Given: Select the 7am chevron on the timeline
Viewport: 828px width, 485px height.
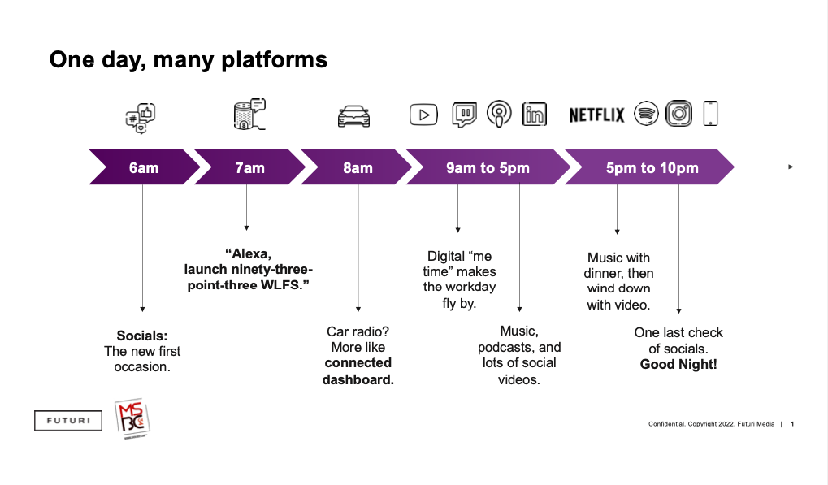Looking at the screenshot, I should (x=249, y=167).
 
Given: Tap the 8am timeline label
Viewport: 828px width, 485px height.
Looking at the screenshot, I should (x=358, y=167).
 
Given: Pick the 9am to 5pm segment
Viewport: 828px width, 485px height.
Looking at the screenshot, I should (x=488, y=167).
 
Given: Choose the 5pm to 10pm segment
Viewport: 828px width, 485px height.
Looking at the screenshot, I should (x=652, y=167).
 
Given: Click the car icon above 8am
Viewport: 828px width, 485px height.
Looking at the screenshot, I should (x=354, y=116).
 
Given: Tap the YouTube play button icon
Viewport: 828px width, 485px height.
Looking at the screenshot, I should (x=423, y=115).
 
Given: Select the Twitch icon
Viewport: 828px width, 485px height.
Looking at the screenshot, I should (x=464, y=115).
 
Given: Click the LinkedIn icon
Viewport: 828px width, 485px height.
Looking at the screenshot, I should (x=535, y=115).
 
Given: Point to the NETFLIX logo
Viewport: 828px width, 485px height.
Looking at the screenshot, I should (x=596, y=115).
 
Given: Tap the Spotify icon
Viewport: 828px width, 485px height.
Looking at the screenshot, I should (x=646, y=114).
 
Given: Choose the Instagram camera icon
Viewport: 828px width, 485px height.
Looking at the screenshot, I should (x=678, y=114).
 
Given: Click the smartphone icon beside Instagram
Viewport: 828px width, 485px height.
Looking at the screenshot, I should (x=710, y=114).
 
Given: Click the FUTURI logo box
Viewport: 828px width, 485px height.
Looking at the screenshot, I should (x=68, y=420).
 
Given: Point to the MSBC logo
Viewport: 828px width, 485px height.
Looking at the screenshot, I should (x=132, y=418).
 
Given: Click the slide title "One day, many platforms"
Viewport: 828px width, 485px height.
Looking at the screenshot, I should (x=189, y=59).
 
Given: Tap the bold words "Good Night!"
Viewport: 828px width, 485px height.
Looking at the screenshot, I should (x=678, y=364).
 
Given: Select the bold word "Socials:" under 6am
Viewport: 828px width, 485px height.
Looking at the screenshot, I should (x=142, y=336).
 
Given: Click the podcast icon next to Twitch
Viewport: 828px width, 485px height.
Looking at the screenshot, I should (x=499, y=115).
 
